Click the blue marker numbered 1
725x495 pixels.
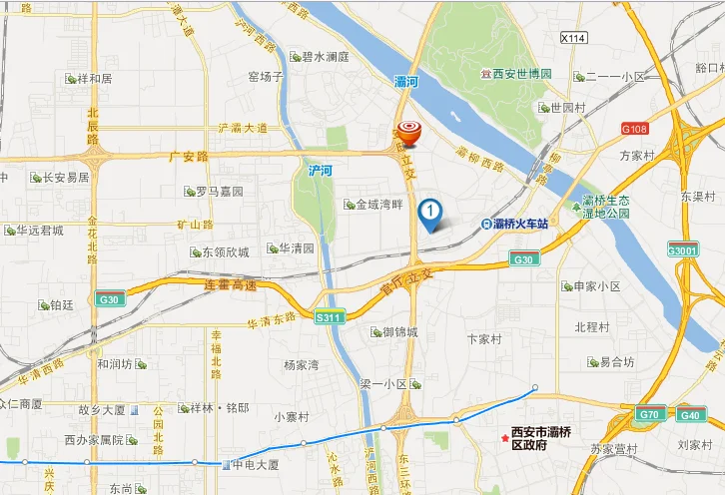coord(430,212)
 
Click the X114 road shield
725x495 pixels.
coord(572,38)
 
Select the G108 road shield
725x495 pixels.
coord(633,129)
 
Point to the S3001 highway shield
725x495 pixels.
coord(683,250)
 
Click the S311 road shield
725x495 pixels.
coord(328,318)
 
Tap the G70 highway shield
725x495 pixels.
coord(650,414)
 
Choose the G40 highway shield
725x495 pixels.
coord(690,414)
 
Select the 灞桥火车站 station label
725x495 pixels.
coord(521,224)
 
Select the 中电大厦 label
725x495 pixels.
coord(261,464)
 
